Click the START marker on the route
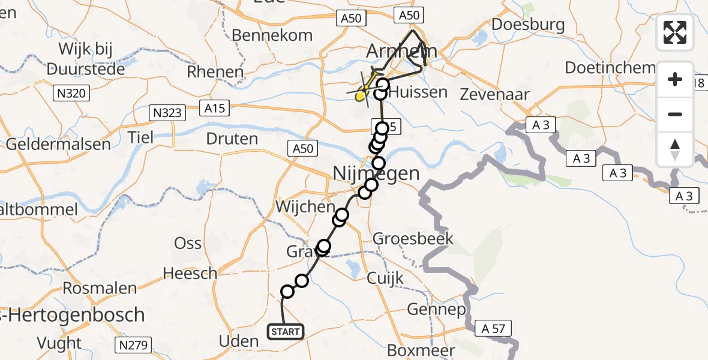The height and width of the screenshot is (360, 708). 285,331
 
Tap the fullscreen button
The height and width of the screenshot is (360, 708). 675,32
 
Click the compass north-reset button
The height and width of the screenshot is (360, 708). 675,149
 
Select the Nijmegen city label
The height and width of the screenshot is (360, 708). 376,174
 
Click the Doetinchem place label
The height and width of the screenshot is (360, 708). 610,68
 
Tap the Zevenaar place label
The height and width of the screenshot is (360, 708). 495,94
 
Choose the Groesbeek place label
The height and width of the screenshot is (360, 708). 413,239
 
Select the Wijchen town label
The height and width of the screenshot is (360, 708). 305,207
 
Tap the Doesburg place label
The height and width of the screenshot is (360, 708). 528,25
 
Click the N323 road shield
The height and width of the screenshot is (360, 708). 167,112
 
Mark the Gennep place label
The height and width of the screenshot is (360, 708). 436,310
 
